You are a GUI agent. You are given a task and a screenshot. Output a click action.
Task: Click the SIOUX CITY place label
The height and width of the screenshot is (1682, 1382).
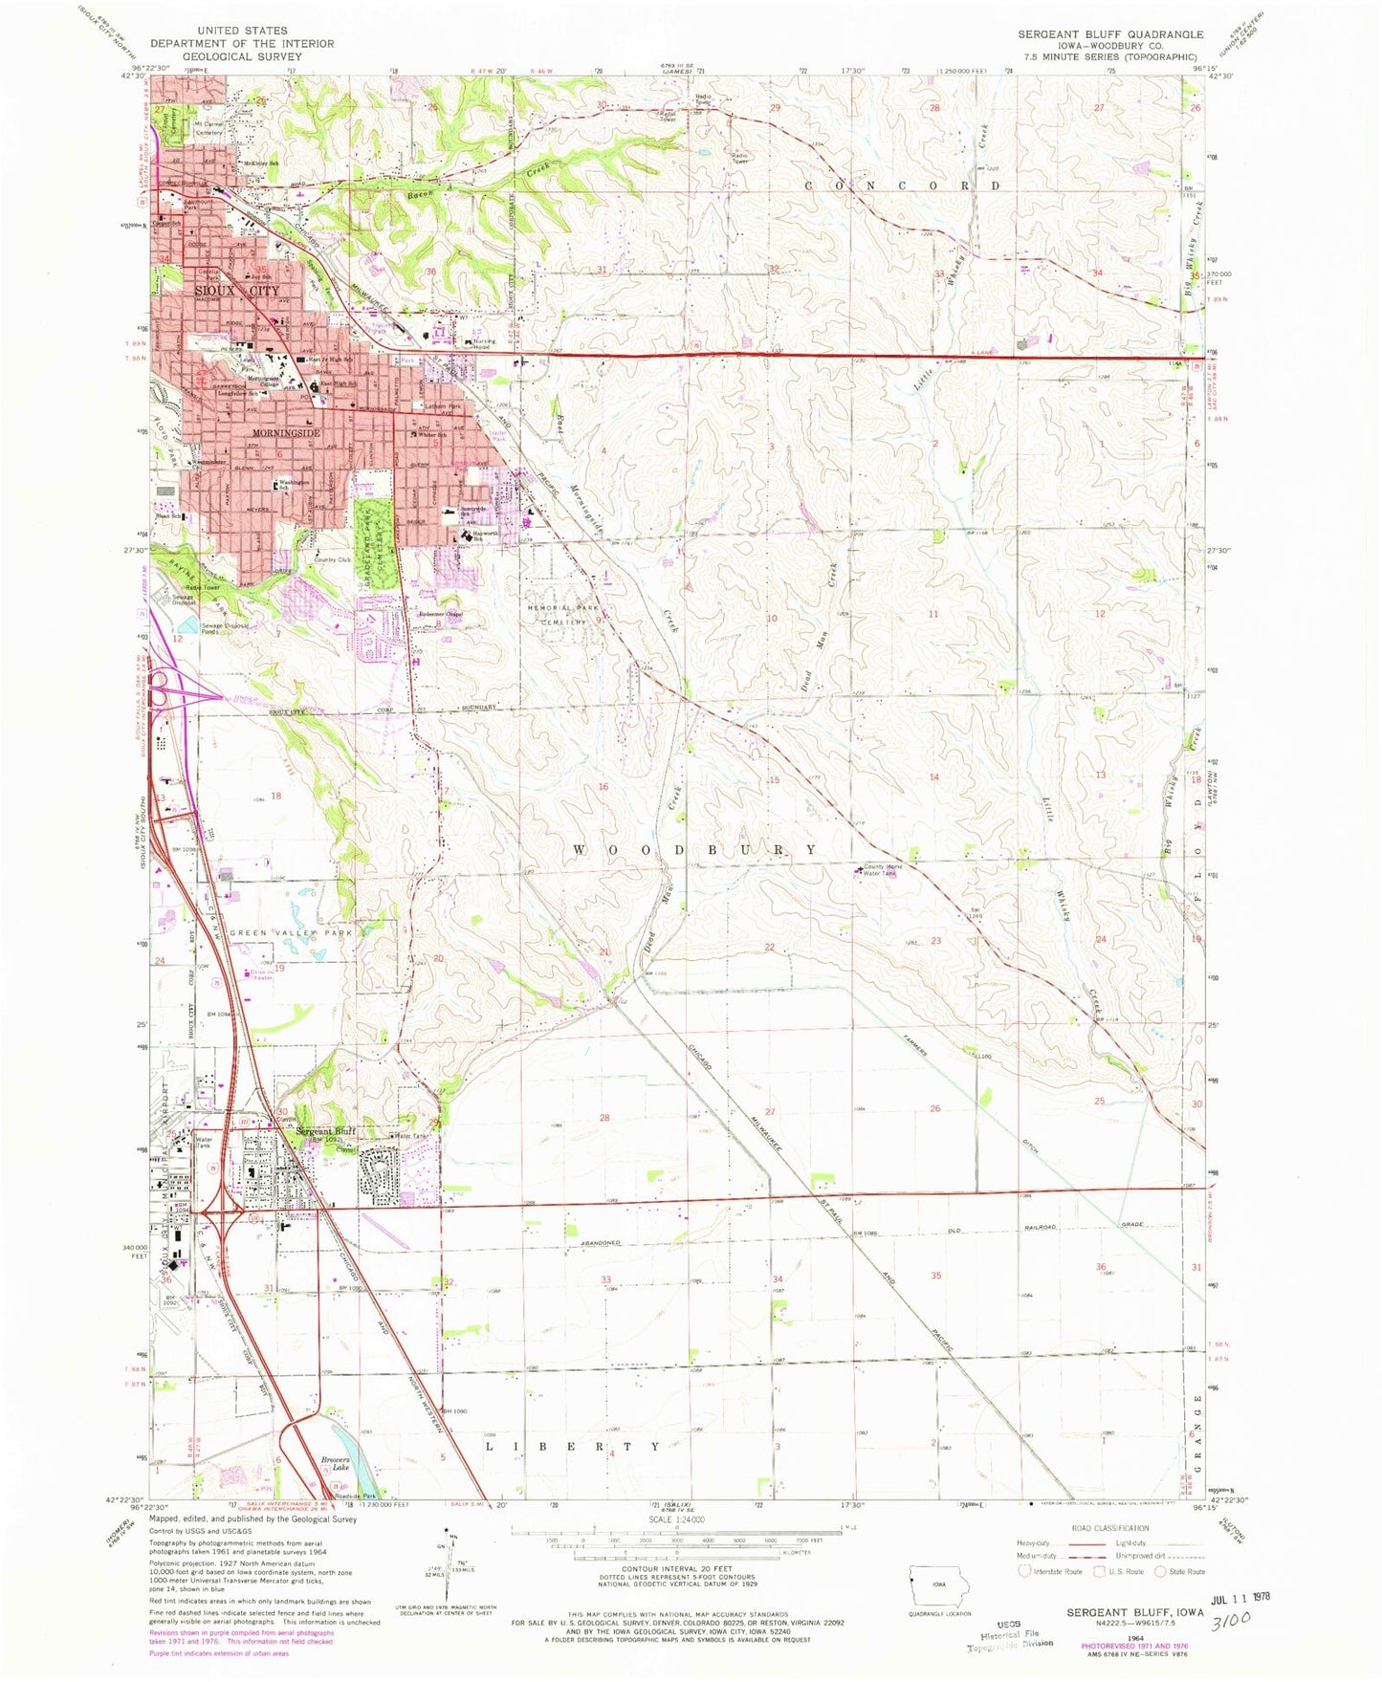pyautogui.click(x=237, y=291)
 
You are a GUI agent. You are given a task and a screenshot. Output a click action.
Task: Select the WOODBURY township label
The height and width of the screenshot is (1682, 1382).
pyautogui.click(x=695, y=849)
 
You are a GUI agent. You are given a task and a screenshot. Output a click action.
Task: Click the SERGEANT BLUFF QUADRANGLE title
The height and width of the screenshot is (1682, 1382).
pyautogui.click(x=1110, y=33)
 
